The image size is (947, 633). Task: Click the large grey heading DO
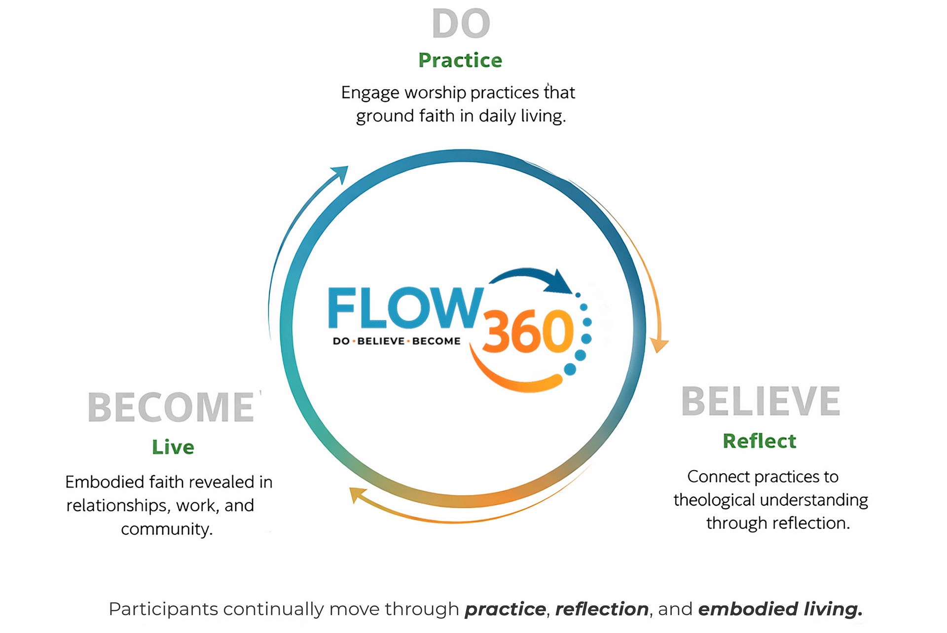[x=461, y=24]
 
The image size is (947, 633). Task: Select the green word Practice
[x=460, y=60]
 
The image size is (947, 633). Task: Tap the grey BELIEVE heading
[x=761, y=402]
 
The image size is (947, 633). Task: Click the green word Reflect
[x=760, y=441]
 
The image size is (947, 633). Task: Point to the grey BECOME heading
[x=171, y=408]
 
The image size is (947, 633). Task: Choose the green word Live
[x=173, y=447]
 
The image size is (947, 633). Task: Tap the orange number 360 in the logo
[x=527, y=332]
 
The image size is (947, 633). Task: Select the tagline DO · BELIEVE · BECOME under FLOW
[x=397, y=341]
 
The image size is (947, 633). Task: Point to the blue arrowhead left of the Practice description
[x=340, y=174]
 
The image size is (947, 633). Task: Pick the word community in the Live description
[x=167, y=529]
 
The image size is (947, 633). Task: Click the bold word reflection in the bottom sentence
[x=602, y=609]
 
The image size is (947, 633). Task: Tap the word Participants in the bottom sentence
[x=163, y=609]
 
